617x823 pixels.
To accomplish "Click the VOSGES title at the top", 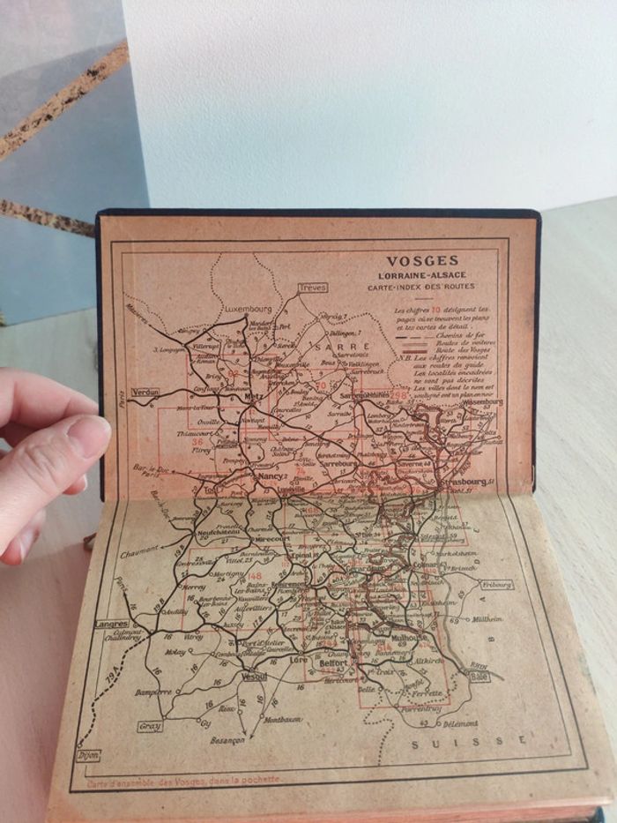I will (423, 260).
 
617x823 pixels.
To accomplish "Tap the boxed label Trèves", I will (312, 288).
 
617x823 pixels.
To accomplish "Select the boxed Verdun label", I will (145, 391).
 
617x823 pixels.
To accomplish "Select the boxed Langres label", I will (111, 624).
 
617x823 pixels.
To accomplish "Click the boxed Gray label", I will (150, 727).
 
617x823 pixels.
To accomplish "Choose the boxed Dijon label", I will (88, 755).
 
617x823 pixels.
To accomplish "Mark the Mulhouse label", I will (410, 636).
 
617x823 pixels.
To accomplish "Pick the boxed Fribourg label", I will (497, 584).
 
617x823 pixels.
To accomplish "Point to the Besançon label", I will (227, 740).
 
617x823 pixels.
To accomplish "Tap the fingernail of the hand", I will (87, 438).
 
